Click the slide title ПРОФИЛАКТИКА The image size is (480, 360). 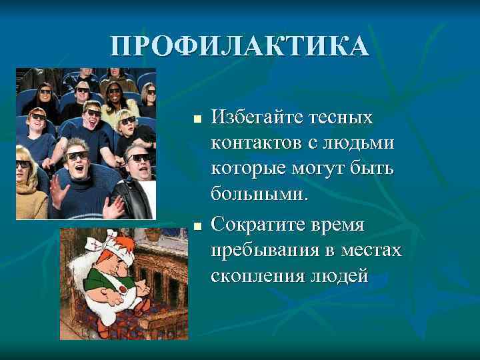click(x=239, y=46)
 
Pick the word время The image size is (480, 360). click(x=337, y=225)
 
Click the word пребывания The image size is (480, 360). click(x=263, y=250)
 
